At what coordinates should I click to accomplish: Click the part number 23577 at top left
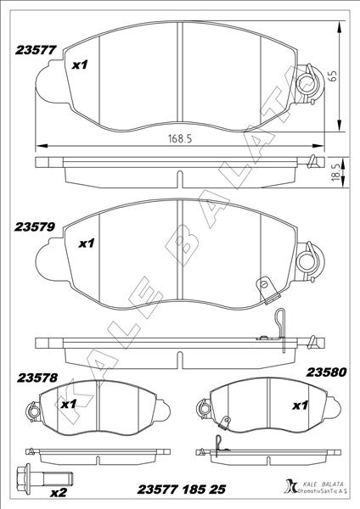point(36,50)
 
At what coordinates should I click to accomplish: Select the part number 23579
point(35,227)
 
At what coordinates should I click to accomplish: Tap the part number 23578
point(37,378)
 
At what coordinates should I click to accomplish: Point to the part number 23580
point(326,372)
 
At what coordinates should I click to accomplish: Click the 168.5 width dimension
point(180,138)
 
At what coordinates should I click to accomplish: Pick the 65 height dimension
point(334,76)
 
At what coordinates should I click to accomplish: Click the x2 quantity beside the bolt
point(59,493)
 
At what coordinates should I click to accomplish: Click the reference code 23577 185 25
point(182,489)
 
